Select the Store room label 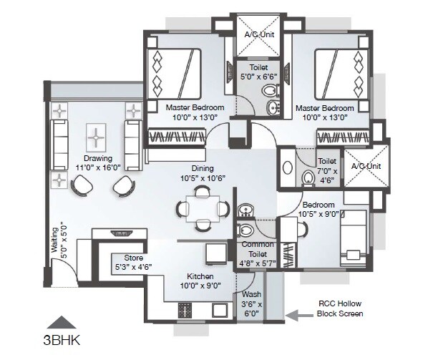[x=134, y=258]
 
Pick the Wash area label [x=251, y=293]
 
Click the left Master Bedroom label [x=195, y=107]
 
